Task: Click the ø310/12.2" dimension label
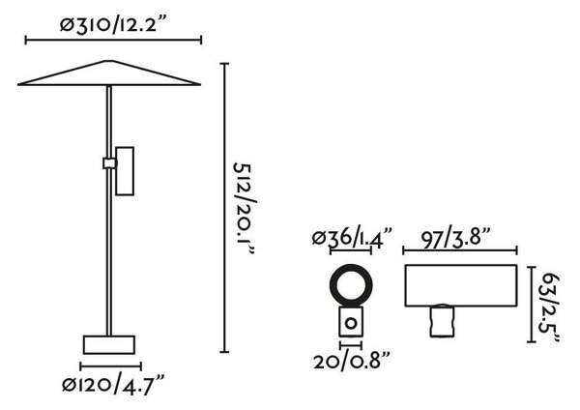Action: [112, 24]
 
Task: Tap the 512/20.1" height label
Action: [245, 210]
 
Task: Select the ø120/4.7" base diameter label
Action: [113, 385]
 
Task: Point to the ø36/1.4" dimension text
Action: [352, 238]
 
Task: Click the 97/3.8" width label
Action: [455, 238]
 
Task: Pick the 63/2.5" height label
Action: [550, 307]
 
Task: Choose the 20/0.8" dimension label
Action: [352, 361]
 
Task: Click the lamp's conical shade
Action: [109, 73]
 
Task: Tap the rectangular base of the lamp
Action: [109, 345]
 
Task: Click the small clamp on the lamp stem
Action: [109, 163]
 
